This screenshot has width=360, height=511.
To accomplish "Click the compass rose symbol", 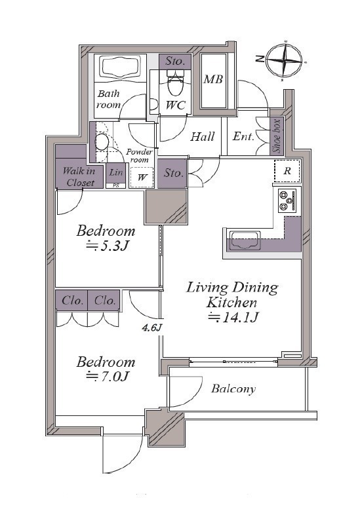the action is coord(285,60).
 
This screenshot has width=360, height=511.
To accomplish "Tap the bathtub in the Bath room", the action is coord(120,67).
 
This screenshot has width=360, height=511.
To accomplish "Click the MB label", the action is coord(213,79).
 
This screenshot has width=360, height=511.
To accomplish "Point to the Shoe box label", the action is coord(277,136).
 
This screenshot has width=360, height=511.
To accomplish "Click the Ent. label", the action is coord(243,136).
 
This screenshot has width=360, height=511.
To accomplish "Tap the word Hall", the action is coord(203,136).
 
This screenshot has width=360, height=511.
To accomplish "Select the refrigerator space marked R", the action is coord(287,171).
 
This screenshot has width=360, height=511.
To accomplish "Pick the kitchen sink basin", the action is coord(245,240).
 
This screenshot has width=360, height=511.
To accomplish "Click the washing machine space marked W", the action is coord(142,178).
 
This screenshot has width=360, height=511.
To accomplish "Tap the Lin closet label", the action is coord(116,172).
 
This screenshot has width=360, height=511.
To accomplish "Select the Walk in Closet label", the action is coord(79,177).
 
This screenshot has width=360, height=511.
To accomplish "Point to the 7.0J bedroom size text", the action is coord(107,377).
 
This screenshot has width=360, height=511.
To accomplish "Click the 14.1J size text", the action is coord(233,317).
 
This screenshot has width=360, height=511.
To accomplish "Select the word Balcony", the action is coord(233,388).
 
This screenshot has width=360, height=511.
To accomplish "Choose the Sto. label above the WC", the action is coord(175,61).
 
